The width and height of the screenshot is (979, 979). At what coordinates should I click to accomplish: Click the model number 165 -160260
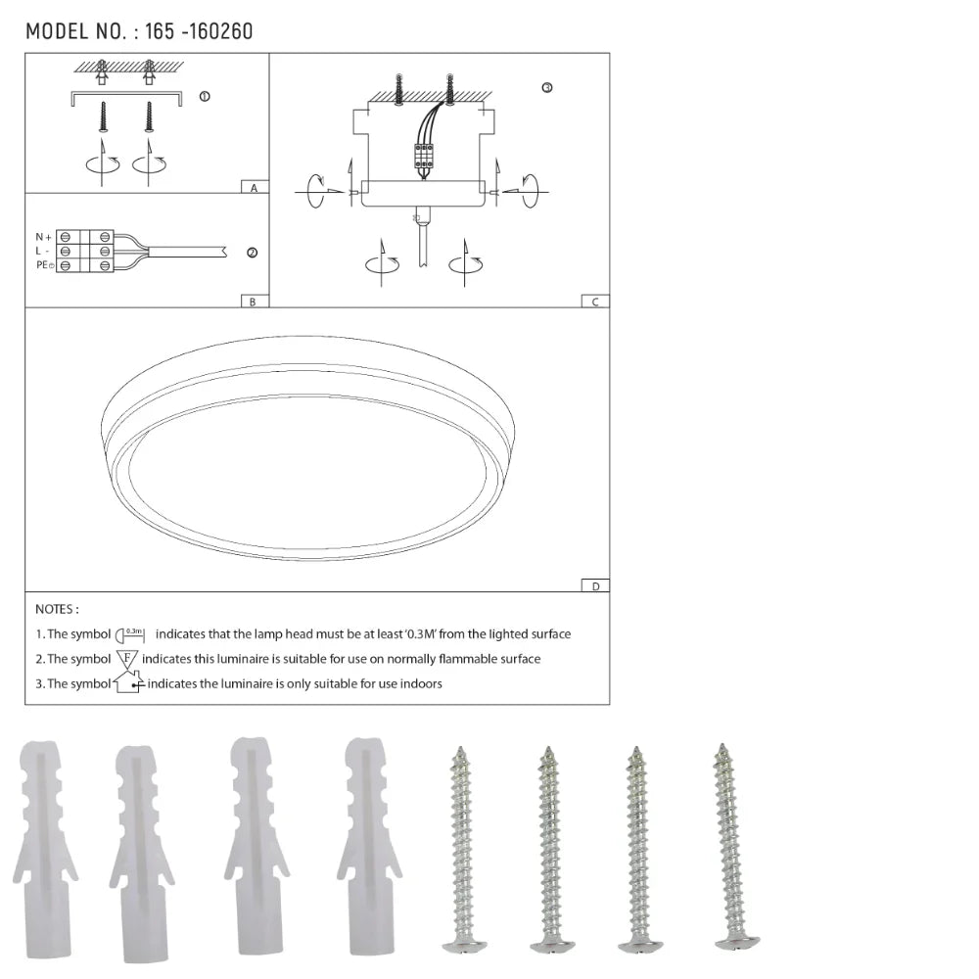tap(199, 31)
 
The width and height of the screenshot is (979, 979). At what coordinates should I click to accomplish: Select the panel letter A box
tap(254, 187)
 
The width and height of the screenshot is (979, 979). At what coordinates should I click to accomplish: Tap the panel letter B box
tap(253, 302)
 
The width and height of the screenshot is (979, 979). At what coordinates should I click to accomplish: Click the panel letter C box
tap(594, 302)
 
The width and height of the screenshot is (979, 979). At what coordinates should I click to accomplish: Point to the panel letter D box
tap(594, 585)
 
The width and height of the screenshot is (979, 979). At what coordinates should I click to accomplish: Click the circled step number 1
tap(204, 97)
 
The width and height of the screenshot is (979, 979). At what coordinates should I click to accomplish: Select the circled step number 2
tap(252, 253)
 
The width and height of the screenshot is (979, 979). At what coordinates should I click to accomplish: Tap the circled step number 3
tap(546, 87)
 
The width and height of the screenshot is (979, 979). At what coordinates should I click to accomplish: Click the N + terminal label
tap(43, 237)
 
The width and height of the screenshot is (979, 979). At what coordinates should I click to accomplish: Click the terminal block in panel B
tap(85, 252)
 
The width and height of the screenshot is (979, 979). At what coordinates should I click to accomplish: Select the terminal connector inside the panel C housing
tap(424, 156)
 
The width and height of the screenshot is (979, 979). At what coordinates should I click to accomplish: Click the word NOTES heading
tap(57, 609)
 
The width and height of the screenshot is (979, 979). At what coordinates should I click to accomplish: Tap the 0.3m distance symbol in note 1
tap(130, 634)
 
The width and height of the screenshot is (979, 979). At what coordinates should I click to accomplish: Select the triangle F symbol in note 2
tap(127, 659)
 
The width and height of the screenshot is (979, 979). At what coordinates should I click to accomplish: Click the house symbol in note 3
tap(128, 682)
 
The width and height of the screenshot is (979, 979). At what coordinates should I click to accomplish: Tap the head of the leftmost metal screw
tap(464, 946)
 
